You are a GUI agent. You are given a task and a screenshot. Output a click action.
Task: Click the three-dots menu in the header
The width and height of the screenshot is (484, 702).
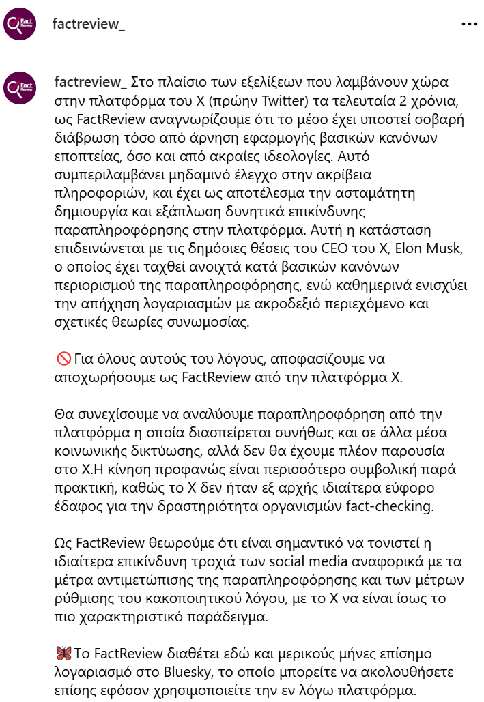pos(469,24)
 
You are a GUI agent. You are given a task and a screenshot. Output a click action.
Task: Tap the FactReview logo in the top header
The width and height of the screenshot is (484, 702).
pos(20,25)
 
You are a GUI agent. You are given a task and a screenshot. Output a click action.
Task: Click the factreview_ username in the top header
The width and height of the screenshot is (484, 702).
pos(89,24)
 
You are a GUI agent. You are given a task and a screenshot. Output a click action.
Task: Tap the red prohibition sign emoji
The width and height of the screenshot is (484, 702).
pos(61,358)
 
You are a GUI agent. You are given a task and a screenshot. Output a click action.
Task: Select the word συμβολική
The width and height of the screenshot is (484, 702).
pos(361,469)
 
